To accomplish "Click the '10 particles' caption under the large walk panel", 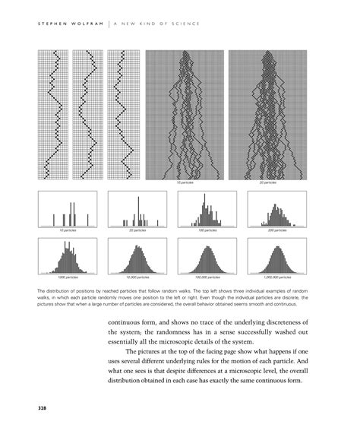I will click(x=185, y=183).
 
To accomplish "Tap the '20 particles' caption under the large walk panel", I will click(x=267, y=183).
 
